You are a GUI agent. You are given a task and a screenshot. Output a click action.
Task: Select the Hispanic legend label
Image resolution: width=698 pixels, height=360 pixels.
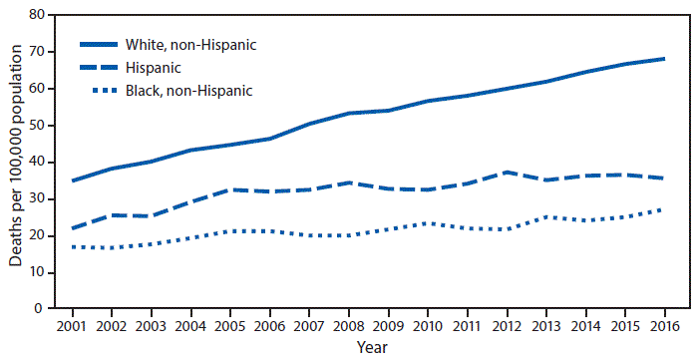154,68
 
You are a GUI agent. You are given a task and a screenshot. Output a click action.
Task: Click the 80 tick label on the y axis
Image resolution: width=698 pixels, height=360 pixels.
38,15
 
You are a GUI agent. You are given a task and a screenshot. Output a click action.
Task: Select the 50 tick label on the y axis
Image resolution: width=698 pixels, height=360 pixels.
38,126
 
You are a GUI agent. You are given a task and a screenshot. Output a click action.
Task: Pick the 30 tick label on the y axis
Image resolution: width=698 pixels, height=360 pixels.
38,199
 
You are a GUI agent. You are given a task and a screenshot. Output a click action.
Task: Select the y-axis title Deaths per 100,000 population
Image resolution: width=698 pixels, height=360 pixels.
15,163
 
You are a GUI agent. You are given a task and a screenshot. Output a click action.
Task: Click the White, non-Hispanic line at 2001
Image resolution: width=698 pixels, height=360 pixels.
73,180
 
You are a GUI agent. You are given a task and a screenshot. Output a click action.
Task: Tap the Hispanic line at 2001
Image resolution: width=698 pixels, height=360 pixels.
73,228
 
